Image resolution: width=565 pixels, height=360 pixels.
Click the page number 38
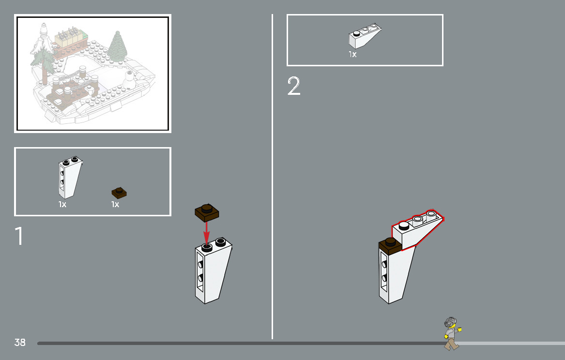click(20, 342)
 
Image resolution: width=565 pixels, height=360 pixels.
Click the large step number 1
click(19, 236)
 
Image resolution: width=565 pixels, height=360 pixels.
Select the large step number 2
click(294, 86)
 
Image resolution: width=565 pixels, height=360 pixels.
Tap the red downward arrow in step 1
click(206, 233)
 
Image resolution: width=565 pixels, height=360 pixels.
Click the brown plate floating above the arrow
click(207, 212)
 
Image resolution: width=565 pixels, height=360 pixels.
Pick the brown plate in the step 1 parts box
click(119, 193)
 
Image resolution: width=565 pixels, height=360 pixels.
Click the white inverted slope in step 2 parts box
click(365, 36)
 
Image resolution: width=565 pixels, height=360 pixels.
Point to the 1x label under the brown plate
click(115, 205)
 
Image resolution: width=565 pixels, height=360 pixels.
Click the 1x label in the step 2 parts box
click(352, 54)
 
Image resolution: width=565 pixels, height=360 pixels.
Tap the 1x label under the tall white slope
click(62, 205)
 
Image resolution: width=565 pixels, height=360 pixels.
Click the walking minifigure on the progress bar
click(452, 333)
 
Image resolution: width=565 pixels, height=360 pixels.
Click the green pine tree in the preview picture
click(118, 47)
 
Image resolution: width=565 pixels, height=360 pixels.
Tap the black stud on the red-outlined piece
click(404, 225)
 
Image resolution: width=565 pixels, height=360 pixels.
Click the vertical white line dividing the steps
click(272, 177)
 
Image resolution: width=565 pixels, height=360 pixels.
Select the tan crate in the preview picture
click(71, 39)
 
